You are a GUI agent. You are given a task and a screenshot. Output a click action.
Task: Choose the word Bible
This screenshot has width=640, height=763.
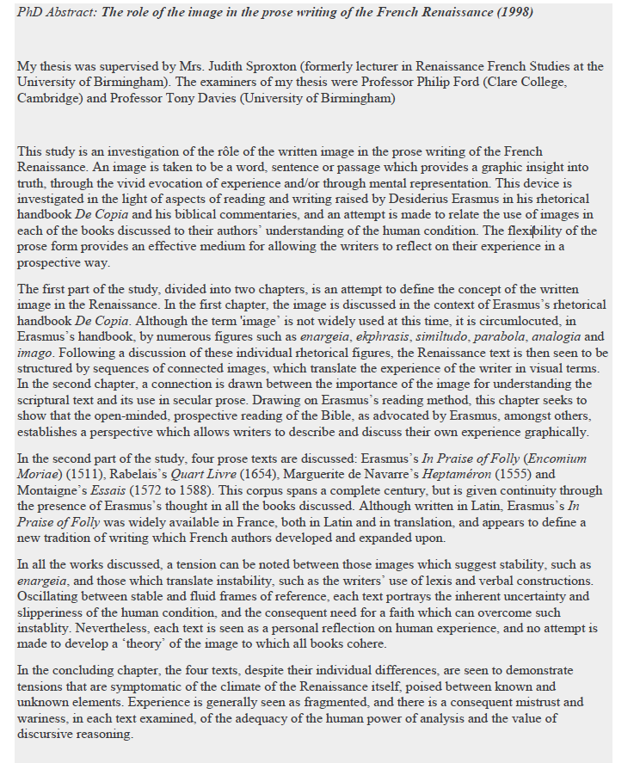[x=336, y=416]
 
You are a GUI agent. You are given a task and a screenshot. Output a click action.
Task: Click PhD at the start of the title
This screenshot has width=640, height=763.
[x=29, y=13]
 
